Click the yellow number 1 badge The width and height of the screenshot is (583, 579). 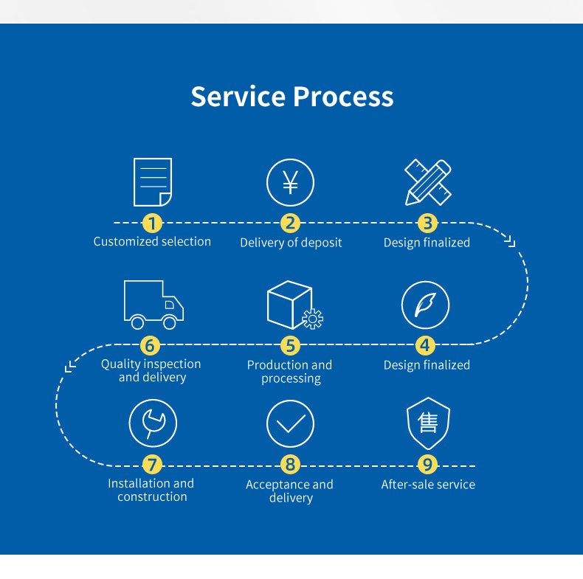[152, 223]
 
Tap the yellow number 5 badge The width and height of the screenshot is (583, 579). [290, 345]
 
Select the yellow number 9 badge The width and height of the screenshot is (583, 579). [427, 465]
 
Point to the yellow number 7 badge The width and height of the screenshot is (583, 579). [152, 465]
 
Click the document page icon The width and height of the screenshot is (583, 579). [153, 182]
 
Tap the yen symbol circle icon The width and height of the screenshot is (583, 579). [290, 182]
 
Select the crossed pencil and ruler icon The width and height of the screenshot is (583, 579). [427, 182]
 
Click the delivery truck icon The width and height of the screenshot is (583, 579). [153, 305]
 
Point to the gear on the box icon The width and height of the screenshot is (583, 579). [313, 319]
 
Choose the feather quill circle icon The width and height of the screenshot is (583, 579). [425, 305]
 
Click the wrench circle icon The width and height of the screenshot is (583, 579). [153, 423]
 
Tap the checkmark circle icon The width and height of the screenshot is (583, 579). [290, 423]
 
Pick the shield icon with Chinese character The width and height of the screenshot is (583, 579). [428, 423]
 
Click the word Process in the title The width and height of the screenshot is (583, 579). [343, 97]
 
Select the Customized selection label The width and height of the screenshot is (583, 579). [152, 242]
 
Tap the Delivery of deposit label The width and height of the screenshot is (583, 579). [291, 243]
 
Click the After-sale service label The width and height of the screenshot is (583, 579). [428, 485]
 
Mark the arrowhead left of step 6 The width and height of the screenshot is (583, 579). [70, 366]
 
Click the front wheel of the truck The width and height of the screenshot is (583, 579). [170, 322]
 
